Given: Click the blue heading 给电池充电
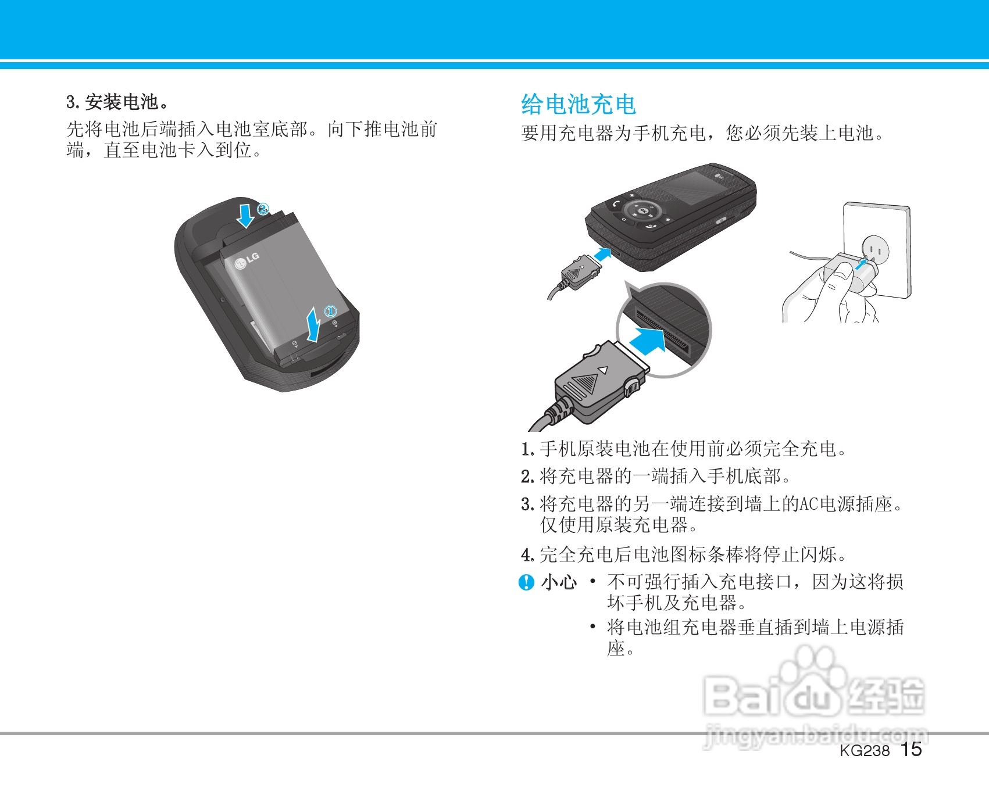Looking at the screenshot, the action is pos(579,105).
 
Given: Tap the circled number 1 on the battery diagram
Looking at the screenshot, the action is pos(330,311).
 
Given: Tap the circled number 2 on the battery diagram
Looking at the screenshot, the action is pos(263,209).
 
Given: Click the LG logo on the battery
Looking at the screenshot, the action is pos(247,261).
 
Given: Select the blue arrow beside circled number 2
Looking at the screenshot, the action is pos(246,214).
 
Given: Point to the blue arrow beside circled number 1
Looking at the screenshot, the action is pos(314,325).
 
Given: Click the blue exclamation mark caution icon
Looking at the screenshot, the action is pos(526,582).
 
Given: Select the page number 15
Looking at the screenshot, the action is pos(911,750).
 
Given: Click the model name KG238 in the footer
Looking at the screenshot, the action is pos(865,751).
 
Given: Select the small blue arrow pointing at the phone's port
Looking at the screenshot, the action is pos(602,255).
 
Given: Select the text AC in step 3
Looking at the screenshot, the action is pos(809,504).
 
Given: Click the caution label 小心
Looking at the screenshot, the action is pos(559,582).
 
